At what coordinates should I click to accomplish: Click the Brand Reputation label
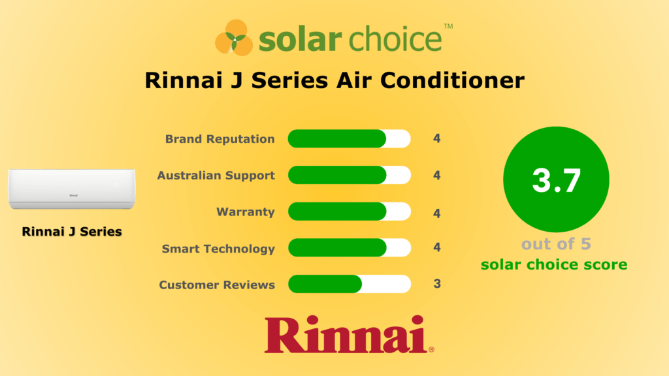tap(220, 139)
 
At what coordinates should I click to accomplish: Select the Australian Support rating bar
tap(349, 176)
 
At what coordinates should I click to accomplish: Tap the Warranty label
tap(246, 212)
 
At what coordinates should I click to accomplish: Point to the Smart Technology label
tap(218, 249)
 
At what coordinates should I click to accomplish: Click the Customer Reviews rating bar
tap(349, 285)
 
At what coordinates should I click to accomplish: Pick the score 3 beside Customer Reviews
tap(437, 284)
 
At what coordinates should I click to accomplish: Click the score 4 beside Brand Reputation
tap(437, 139)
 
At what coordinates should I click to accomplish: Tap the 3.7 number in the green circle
tap(556, 180)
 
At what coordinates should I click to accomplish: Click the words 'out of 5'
tap(555, 244)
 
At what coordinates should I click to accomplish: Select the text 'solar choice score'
tap(554, 264)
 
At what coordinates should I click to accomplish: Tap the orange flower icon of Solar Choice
tap(234, 37)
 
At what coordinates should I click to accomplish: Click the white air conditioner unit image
tap(72, 189)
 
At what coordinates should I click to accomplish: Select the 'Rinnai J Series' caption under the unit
tap(72, 231)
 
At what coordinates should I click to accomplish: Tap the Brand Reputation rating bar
tap(349, 139)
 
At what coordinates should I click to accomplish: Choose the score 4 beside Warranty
tap(437, 213)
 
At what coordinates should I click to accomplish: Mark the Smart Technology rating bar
tap(349, 248)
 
